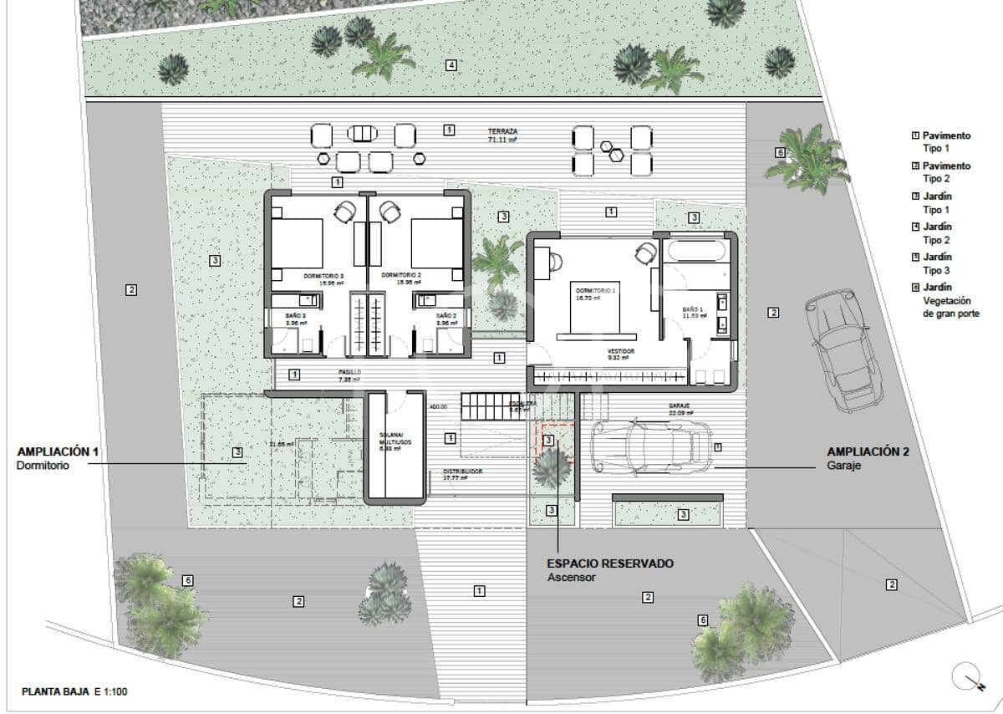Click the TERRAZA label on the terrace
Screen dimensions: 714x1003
pyautogui.click(x=503, y=132)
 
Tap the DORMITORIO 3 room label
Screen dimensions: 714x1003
pyautogui.click(x=317, y=274)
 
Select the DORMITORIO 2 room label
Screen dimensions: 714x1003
pyautogui.click(x=400, y=274)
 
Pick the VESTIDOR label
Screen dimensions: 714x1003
pyautogui.click(x=620, y=352)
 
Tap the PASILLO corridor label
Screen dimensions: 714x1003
pyautogui.click(x=349, y=374)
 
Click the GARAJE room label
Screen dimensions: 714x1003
pyautogui.click(x=678, y=405)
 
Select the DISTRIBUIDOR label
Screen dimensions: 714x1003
pyautogui.click(x=461, y=472)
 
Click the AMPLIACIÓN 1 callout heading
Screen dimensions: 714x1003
pyautogui.click(x=58, y=451)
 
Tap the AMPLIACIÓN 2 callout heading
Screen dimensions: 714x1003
pyautogui.click(x=867, y=451)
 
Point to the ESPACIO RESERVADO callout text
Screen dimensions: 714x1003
pyautogui.click(x=610, y=564)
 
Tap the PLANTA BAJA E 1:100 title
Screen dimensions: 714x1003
pyautogui.click(x=74, y=691)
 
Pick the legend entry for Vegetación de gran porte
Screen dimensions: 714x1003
pyautogui.click(x=949, y=300)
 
